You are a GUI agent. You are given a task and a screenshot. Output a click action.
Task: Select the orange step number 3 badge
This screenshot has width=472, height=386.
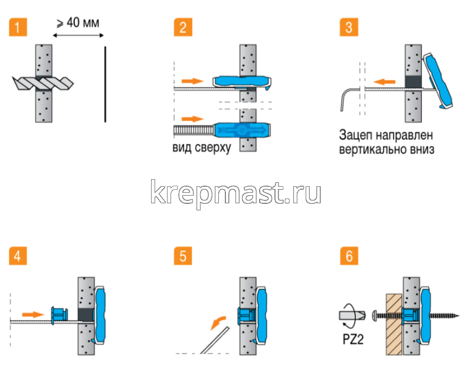coord(349,27)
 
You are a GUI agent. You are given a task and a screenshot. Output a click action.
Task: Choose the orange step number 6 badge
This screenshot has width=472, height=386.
coord(349,256)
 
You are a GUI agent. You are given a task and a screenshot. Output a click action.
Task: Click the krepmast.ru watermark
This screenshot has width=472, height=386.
coord(236,192)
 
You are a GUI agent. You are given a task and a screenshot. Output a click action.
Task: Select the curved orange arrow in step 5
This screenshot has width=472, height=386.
coord(218,321)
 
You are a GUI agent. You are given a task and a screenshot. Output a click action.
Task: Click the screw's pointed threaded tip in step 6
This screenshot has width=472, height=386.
coord(451,316)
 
